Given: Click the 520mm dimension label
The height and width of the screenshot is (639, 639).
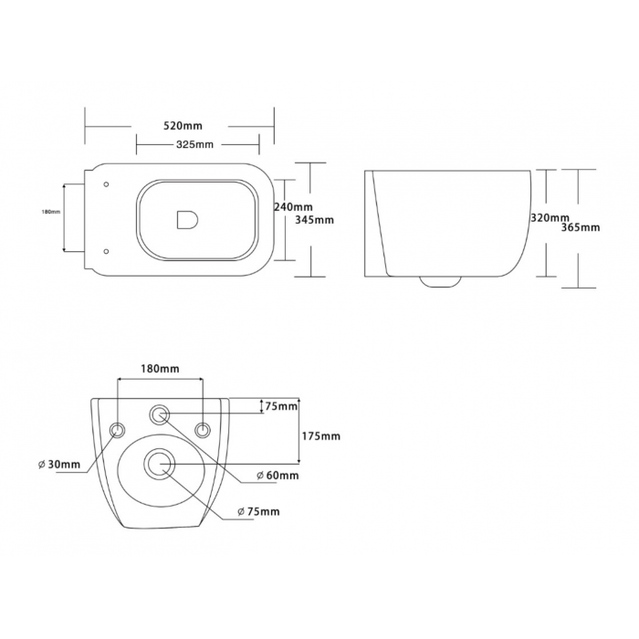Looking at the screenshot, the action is click(183, 126).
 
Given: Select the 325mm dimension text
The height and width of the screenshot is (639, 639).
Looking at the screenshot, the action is click(194, 144).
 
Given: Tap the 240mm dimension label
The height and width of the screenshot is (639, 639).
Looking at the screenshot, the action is click(293, 207).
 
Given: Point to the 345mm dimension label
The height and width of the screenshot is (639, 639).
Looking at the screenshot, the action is click(314, 220).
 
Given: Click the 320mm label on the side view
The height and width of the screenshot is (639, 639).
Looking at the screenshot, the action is click(550, 218).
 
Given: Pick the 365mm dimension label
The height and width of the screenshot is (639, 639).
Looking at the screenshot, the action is click(581, 227).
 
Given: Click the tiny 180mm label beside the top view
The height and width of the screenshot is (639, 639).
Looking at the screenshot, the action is click(51, 212).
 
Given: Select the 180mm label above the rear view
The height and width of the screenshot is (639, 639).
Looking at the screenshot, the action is click(160, 369).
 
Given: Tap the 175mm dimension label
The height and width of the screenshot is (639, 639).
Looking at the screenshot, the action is click(321, 436).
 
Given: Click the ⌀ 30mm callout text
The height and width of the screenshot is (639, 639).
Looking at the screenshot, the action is click(59, 464).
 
